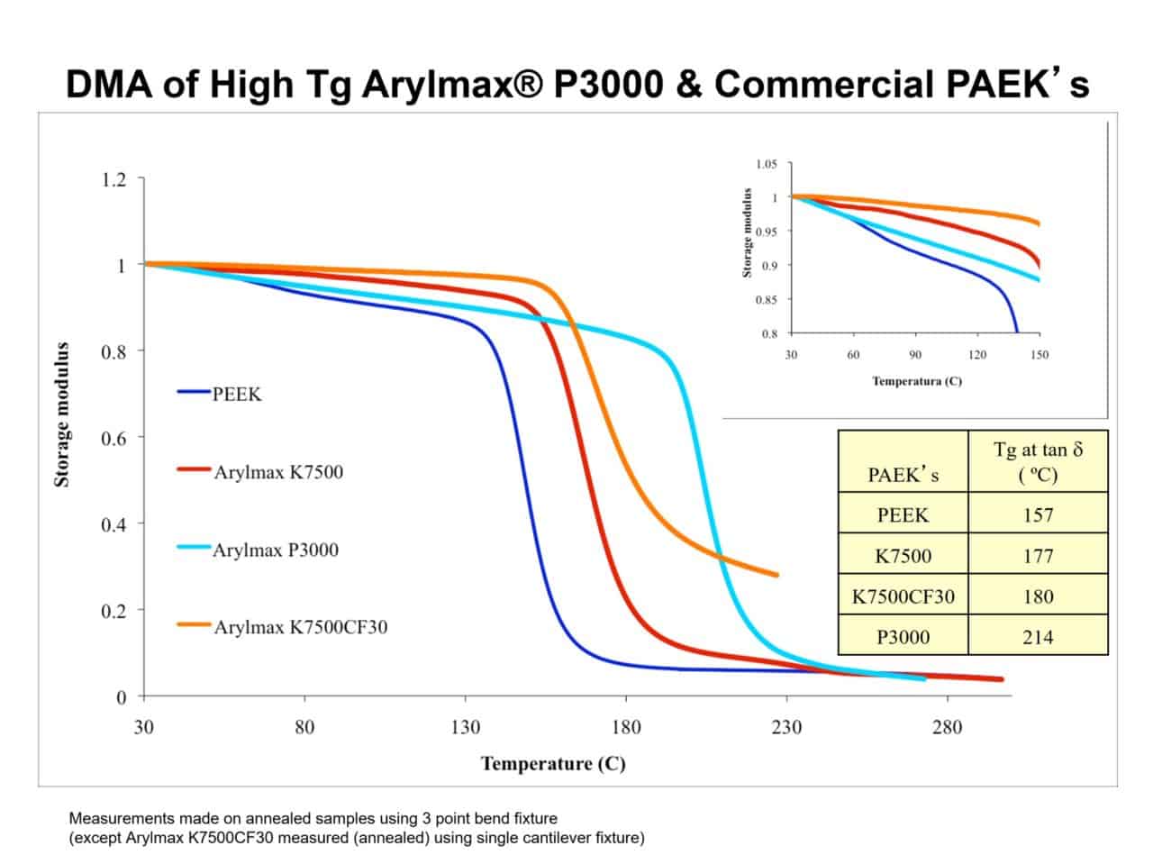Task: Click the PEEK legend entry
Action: tap(236, 395)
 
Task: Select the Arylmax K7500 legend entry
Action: tap(277, 472)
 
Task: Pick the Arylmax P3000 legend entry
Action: tap(275, 550)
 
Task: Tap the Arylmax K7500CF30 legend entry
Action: tap(300, 627)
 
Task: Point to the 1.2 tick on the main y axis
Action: tap(113, 179)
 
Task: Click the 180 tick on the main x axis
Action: tap(626, 727)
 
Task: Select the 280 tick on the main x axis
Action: tap(947, 727)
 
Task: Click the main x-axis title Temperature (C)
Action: tap(553, 764)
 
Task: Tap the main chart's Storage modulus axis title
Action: tap(62, 414)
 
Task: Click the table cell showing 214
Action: tap(1038, 637)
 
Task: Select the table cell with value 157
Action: tap(1038, 515)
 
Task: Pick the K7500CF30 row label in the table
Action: tap(903, 596)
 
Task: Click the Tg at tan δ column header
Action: tap(1038, 461)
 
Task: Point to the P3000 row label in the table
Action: tap(903, 637)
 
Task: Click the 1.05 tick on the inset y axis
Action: tap(766, 164)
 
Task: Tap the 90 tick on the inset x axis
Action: tap(915, 355)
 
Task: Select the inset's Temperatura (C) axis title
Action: tap(916, 381)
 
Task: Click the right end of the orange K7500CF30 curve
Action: tap(776, 575)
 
